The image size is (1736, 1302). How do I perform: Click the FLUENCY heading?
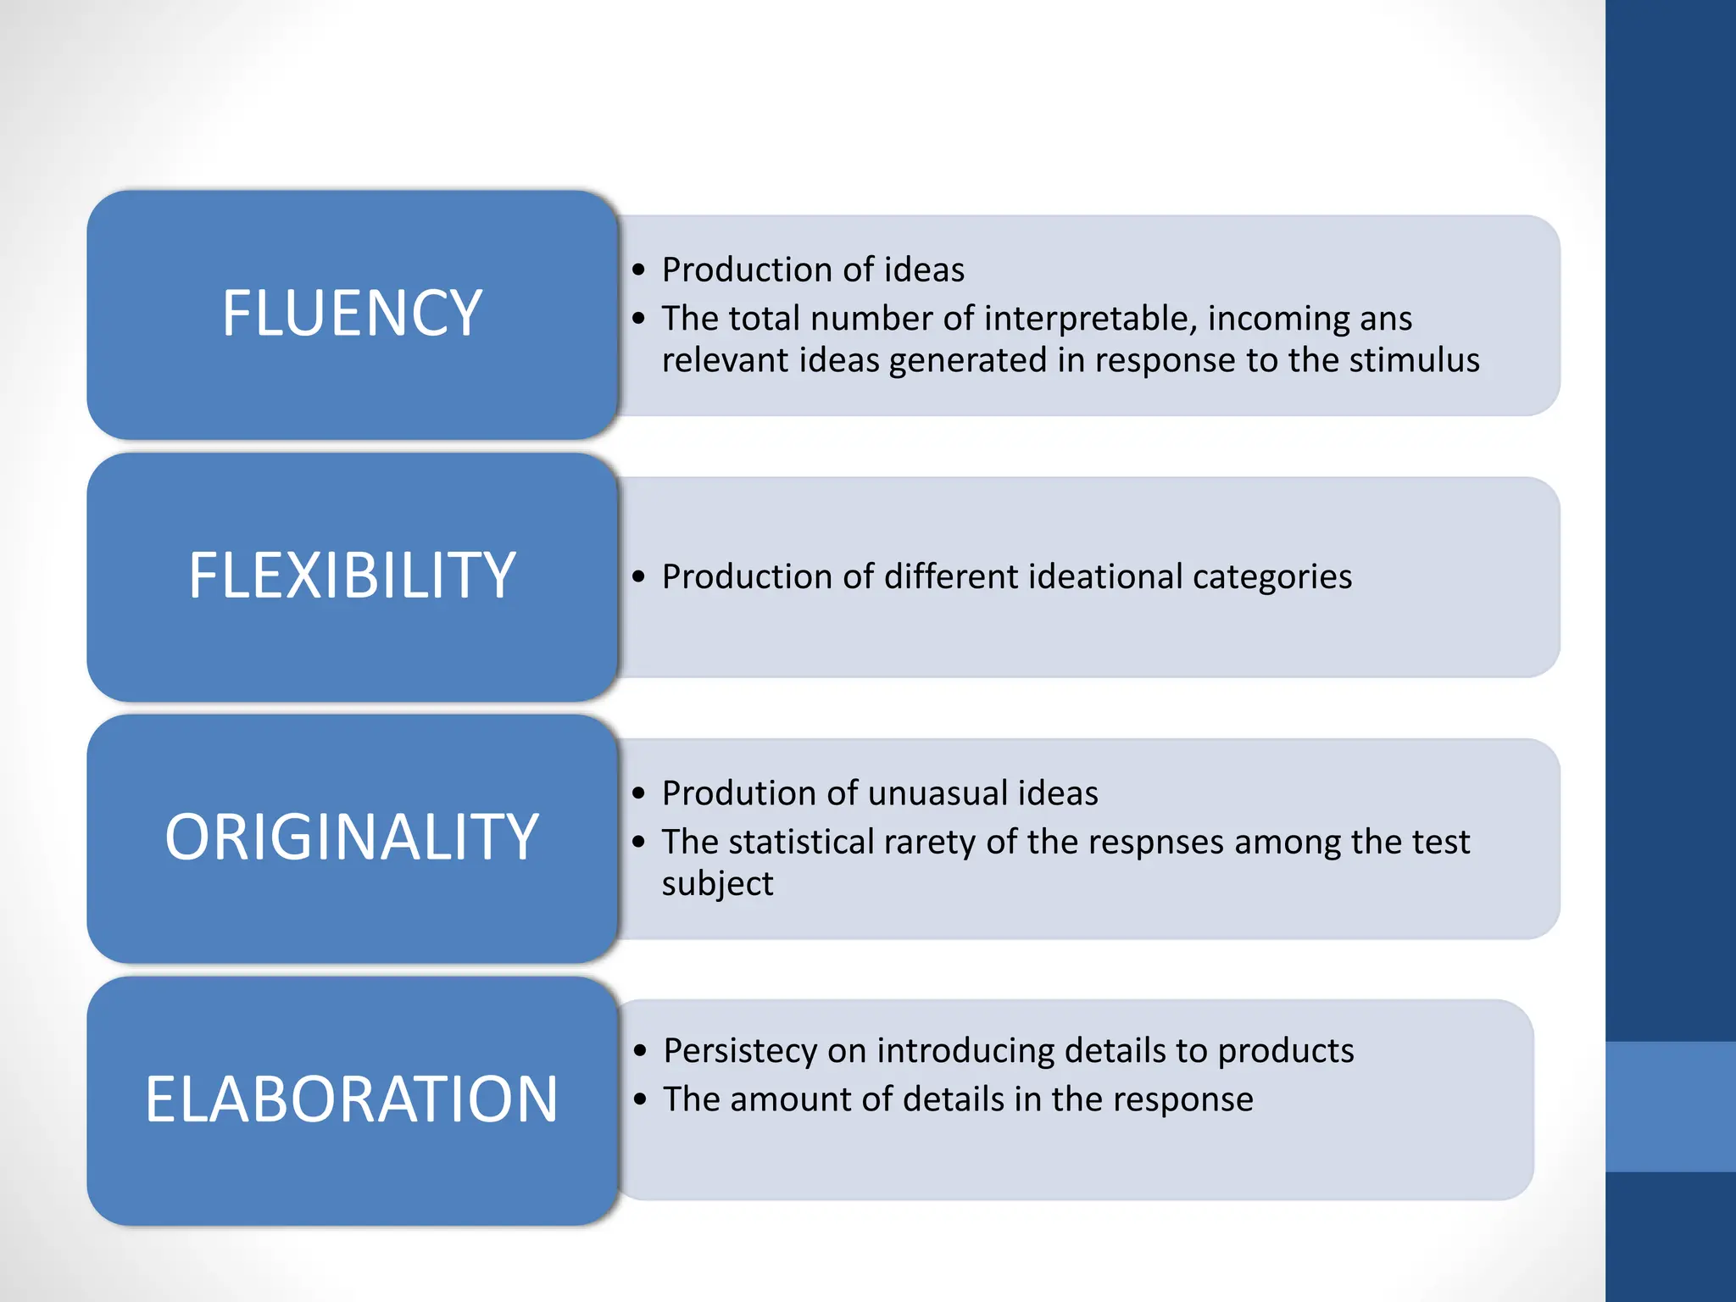click(x=352, y=314)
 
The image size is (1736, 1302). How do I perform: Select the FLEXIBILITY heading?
click(x=352, y=576)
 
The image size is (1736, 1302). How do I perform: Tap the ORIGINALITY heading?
click(x=352, y=837)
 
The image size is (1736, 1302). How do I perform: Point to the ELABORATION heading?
click(x=352, y=1099)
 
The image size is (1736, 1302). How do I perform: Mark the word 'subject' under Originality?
click(x=717, y=884)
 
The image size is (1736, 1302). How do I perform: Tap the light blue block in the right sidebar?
click(x=1671, y=1106)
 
